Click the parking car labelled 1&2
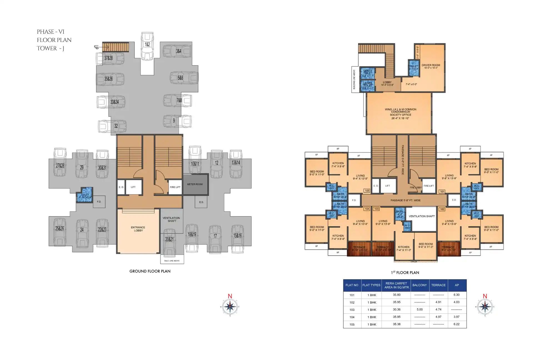tap(147, 46)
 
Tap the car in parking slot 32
tap(112, 126)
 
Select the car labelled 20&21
tap(169, 242)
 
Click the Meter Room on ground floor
tap(195, 184)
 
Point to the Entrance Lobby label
tap(138, 229)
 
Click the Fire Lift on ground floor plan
tap(175, 187)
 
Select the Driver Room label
tap(431, 65)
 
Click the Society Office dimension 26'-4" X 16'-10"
tap(400, 118)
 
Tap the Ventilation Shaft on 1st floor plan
tap(421, 216)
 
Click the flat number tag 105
tap(367, 191)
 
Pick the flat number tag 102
tap(442, 209)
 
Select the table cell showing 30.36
tap(396, 309)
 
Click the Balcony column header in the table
tap(419, 285)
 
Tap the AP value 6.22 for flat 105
tap(456, 324)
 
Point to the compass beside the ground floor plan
tap(230, 306)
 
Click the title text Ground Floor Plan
tap(150, 271)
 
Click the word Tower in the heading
tap(47, 48)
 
